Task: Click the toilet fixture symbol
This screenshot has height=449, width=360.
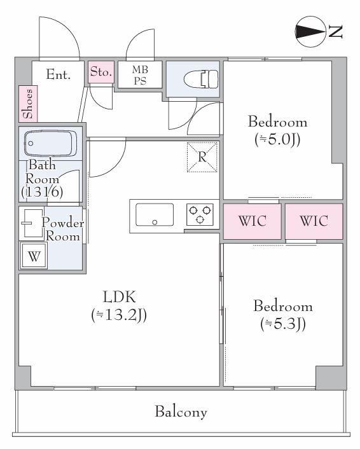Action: (x=201, y=79)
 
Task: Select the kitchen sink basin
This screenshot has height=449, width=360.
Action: (x=155, y=215)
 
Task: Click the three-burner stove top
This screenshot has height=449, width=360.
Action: (x=200, y=214)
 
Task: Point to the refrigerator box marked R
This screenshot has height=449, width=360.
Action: (x=202, y=157)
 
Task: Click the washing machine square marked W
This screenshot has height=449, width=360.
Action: (x=34, y=256)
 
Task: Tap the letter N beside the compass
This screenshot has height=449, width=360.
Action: (x=335, y=32)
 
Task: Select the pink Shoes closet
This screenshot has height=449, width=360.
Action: (x=29, y=104)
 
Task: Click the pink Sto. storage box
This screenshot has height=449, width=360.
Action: (x=100, y=72)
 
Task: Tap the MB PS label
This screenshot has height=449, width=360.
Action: (x=140, y=75)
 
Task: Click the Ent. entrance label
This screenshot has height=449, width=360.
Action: (x=58, y=75)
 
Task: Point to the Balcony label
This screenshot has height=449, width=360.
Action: (x=181, y=411)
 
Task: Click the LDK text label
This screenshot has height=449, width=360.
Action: (x=120, y=297)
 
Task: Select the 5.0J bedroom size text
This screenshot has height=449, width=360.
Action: (x=277, y=140)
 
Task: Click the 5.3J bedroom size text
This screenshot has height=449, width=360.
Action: (x=283, y=324)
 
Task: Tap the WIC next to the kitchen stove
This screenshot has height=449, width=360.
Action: (x=253, y=221)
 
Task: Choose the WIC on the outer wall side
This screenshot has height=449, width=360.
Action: (x=314, y=221)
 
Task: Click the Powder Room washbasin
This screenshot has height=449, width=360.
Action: (x=32, y=223)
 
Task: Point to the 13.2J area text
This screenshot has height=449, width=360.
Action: (x=119, y=315)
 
